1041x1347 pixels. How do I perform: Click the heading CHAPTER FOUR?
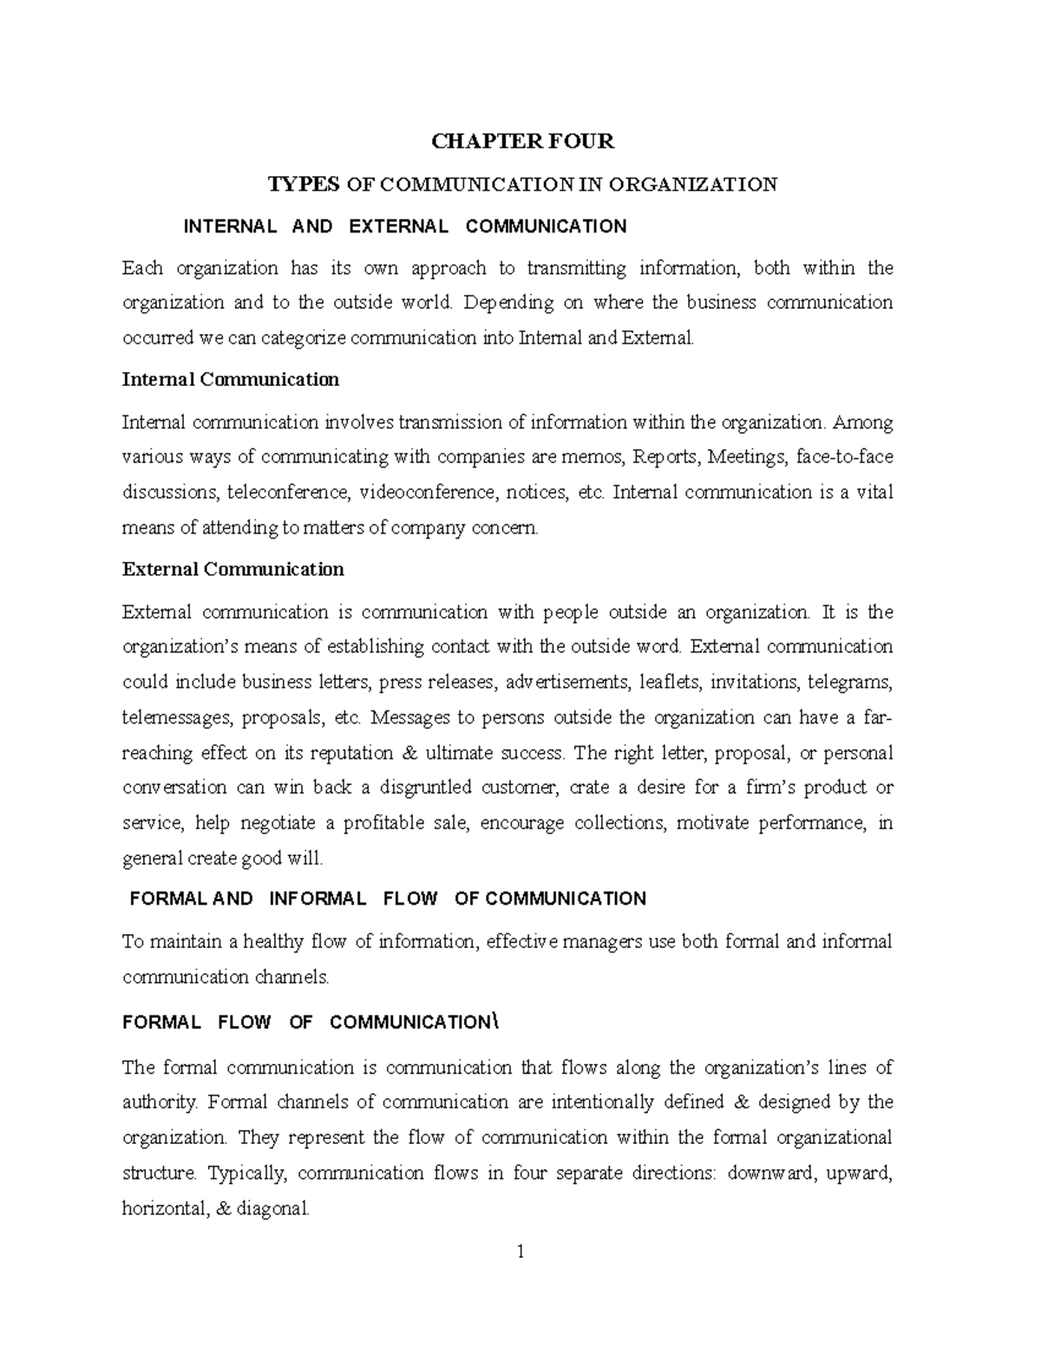(522, 141)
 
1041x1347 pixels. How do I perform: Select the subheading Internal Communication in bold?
(231, 380)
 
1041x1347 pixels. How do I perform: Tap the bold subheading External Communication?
(233, 570)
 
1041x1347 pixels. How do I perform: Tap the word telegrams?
(849, 682)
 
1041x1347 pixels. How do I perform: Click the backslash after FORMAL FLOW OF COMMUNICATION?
(495, 1022)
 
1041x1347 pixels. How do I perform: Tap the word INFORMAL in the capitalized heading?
(318, 899)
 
